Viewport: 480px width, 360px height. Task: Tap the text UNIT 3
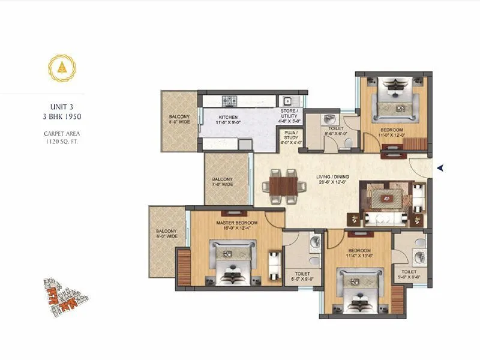point(59,103)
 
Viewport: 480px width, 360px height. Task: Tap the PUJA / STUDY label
point(291,139)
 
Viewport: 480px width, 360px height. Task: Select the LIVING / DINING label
point(333,179)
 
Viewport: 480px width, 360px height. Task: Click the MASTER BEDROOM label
point(233,225)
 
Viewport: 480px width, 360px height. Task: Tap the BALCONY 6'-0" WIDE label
point(166,233)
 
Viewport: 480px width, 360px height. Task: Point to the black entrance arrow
point(440,168)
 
